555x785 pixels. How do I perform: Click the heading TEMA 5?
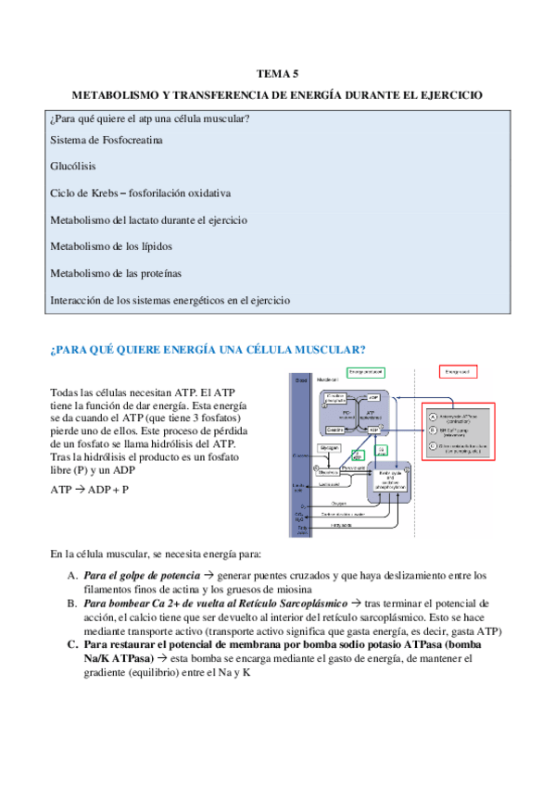point(277,73)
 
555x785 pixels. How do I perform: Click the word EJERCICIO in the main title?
point(450,95)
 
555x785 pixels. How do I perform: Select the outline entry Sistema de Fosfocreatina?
point(107,141)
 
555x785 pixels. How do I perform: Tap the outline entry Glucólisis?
point(73,168)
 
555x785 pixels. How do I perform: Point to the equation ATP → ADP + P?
point(90,490)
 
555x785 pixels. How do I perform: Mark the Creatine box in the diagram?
point(336,430)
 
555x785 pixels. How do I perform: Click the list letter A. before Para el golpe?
point(72,576)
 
